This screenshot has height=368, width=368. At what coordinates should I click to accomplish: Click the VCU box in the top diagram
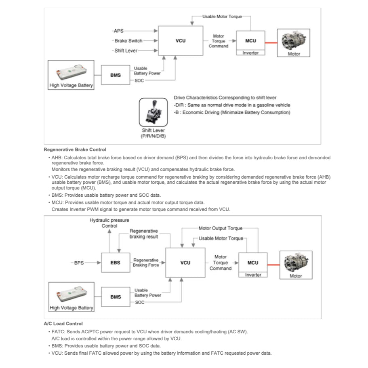(181, 41)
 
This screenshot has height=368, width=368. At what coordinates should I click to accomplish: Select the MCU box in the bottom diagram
(252, 263)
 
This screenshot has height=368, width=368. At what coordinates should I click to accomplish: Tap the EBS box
(115, 263)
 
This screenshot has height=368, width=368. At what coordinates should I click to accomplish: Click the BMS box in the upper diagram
(115, 75)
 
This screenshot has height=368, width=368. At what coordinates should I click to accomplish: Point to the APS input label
(119, 30)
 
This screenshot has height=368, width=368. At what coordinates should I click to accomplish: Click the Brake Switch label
(128, 41)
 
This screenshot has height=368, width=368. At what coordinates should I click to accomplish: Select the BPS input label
(79, 263)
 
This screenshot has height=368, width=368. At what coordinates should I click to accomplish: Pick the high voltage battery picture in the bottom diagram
(71, 293)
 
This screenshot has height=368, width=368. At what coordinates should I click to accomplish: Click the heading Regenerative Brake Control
(75, 149)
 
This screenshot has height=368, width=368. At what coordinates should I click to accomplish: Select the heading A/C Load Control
(63, 324)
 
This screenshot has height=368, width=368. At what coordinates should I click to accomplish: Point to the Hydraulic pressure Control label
(109, 223)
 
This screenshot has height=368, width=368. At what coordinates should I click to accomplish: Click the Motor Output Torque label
(221, 228)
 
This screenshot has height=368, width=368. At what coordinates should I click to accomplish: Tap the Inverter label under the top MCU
(250, 53)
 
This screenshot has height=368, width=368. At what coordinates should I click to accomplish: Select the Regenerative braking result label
(143, 234)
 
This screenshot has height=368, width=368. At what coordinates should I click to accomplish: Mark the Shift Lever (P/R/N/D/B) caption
(153, 133)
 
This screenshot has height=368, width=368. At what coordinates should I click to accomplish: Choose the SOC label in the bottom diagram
(140, 302)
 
